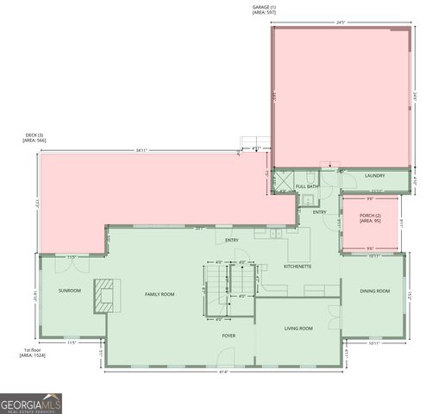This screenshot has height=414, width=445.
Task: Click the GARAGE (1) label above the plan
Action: (265, 8)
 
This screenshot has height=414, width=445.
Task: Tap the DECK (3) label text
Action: (34, 136)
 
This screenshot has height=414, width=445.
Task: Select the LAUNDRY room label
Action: (374, 176)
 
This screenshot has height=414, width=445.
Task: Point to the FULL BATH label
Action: (307, 186)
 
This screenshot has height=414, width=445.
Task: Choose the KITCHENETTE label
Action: (298, 267)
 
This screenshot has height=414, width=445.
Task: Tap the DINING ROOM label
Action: (374, 291)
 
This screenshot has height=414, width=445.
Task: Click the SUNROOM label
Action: (70, 291)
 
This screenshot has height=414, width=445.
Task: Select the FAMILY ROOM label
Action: (159, 294)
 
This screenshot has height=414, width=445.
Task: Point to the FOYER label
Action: (229, 335)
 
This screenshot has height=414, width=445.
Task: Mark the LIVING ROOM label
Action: (298, 329)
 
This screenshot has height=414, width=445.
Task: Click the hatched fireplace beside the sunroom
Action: (105, 292)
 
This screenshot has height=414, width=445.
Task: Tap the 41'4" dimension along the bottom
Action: (222, 372)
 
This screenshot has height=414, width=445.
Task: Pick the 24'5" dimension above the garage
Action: (341, 22)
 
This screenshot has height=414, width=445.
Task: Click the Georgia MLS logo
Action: (31, 403)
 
